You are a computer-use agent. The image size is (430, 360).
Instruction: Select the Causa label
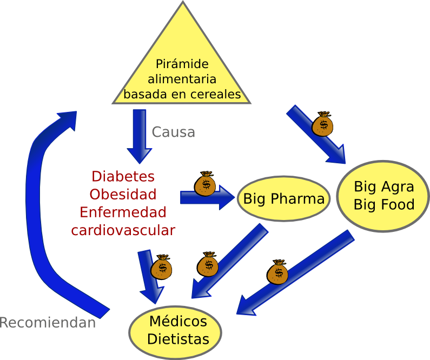[x=173, y=132]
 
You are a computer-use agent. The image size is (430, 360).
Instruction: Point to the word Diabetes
[x=123, y=176]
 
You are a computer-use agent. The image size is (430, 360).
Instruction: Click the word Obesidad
[x=123, y=194]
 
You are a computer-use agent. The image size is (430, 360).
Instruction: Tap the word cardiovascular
[x=123, y=230]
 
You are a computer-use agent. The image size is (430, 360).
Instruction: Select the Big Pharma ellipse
[x=283, y=199]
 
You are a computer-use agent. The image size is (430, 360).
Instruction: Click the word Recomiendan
[x=48, y=323]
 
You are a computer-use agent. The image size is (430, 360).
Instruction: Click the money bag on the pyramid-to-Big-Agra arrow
[x=323, y=124]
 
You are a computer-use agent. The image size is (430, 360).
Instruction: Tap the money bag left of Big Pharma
[x=206, y=184]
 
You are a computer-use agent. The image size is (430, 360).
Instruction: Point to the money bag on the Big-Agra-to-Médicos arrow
[x=277, y=271]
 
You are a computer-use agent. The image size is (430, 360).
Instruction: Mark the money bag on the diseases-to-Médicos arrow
[x=161, y=266]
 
